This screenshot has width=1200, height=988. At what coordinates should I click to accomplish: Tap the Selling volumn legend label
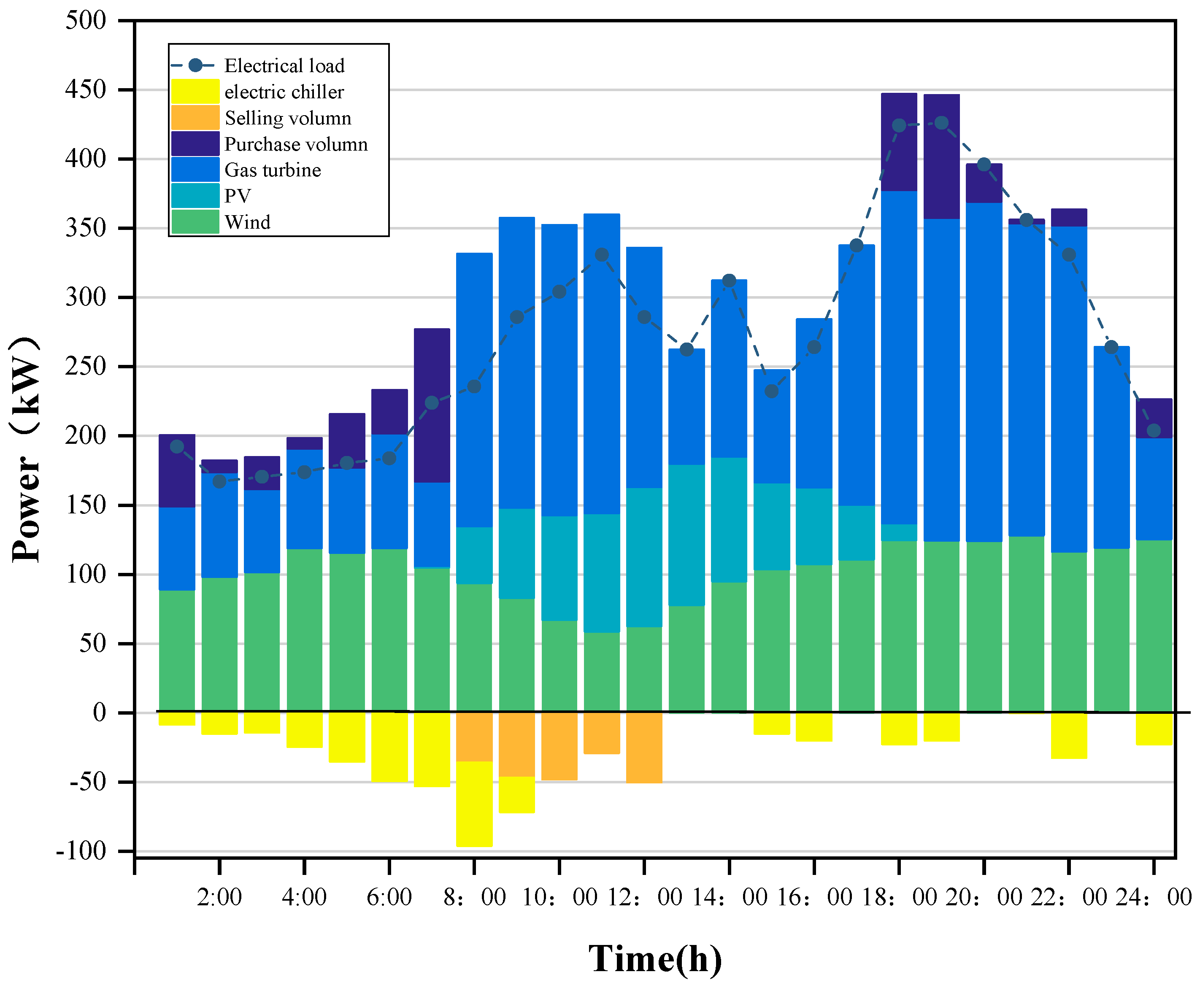click(287, 118)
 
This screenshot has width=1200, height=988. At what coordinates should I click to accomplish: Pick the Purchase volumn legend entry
click(295, 144)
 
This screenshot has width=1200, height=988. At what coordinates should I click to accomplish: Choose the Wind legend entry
click(247, 222)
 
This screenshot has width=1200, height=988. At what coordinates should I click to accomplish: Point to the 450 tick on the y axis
click(85, 89)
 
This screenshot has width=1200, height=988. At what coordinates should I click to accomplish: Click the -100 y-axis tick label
click(81, 851)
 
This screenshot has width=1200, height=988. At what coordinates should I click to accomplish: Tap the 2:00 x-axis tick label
click(219, 897)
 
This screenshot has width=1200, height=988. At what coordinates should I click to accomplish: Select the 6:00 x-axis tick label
click(389, 897)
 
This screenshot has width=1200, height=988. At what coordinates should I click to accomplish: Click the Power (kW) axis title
click(26, 450)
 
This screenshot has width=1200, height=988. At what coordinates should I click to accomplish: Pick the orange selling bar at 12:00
click(644, 747)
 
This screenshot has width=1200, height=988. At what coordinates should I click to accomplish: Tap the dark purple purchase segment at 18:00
click(899, 142)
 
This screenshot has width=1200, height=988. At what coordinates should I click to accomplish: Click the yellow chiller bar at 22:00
click(1068, 735)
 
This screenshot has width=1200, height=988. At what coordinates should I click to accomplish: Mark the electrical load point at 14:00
click(729, 281)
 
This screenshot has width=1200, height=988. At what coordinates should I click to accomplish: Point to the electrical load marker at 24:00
click(1153, 430)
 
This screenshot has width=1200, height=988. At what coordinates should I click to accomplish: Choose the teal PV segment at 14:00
click(729, 520)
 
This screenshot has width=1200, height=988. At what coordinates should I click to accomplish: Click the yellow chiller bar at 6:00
click(389, 747)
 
